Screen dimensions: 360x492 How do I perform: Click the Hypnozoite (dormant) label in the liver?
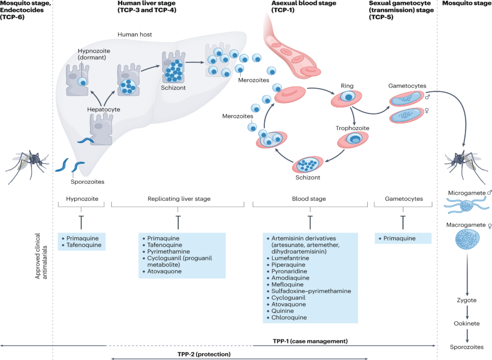point(94,54)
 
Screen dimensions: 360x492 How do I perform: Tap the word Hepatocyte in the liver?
point(103,109)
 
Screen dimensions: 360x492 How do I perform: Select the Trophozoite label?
point(352,128)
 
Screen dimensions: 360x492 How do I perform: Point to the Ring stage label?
point(347,86)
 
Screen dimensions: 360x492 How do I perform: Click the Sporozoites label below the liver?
point(87,182)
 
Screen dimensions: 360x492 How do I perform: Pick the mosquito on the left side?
point(27,164)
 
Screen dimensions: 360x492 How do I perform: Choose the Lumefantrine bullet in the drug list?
point(290,258)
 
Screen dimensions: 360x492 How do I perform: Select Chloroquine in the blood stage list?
point(289,318)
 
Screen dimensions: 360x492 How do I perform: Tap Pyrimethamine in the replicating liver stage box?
point(168,252)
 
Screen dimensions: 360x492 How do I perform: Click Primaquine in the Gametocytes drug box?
point(399,238)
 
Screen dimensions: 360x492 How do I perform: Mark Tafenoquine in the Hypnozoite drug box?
point(84,245)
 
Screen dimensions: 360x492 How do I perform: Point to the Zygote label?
point(466,300)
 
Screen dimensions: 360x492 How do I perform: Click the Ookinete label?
point(466,324)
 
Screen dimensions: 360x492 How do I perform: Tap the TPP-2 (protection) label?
point(204,354)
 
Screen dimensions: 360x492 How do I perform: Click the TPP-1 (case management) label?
point(310,341)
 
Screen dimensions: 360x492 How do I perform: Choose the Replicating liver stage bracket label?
point(179,199)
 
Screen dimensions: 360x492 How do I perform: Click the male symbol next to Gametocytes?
point(427,97)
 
